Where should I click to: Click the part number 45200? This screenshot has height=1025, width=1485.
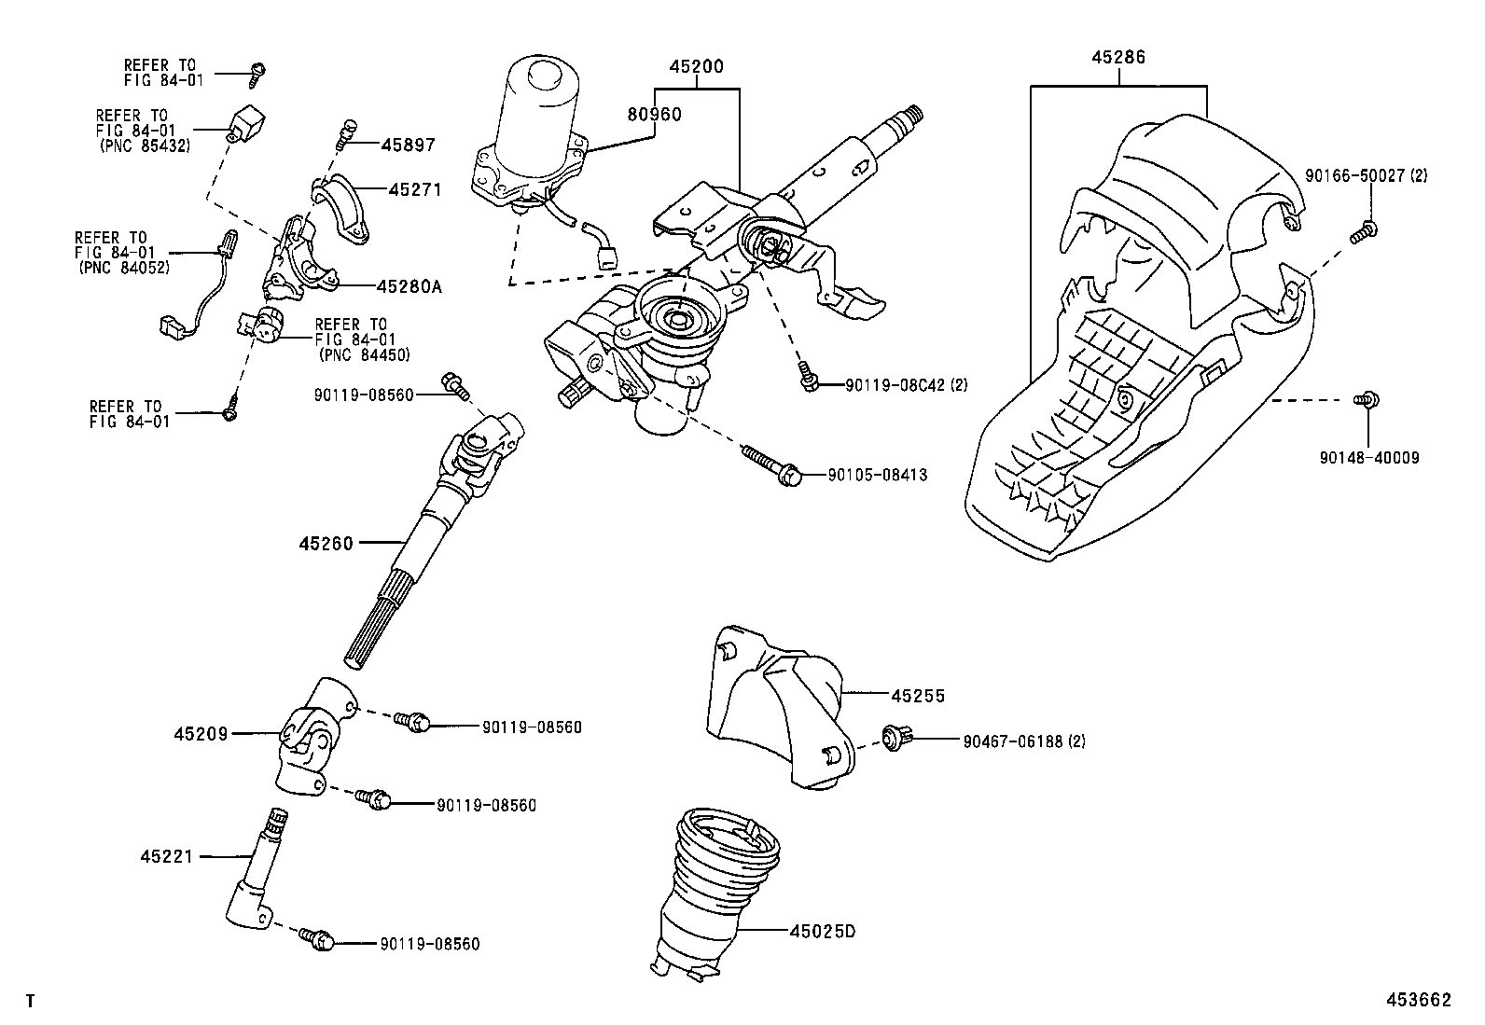[696, 67]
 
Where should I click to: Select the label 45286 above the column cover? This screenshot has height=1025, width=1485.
[1118, 57]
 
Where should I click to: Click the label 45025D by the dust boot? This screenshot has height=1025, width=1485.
[822, 931]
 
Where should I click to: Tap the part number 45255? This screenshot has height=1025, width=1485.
[918, 696]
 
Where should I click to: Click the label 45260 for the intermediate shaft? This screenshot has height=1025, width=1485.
[326, 543]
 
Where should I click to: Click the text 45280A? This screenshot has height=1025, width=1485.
[409, 286]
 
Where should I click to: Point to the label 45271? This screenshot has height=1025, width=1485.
[415, 189]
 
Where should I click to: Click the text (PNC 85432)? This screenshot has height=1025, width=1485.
[145, 146]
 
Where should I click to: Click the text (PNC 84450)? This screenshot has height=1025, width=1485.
[364, 354]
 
